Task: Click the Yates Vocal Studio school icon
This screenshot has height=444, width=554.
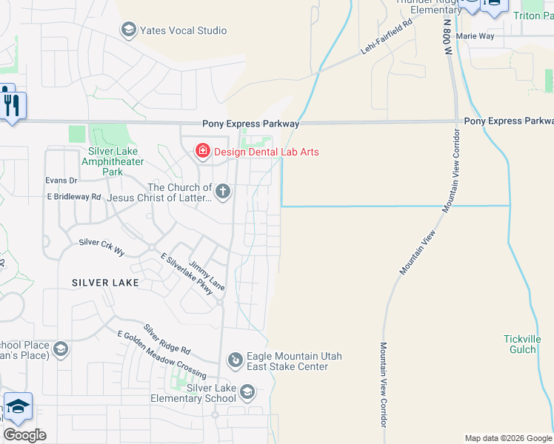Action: tap(128, 30)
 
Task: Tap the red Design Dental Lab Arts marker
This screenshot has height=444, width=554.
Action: tap(202, 152)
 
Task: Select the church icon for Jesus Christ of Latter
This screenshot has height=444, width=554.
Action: tap(222, 192)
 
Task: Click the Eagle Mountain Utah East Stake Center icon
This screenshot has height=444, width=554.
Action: tap(235, 360)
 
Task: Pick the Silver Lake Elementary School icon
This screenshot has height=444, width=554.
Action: tap(247, 392)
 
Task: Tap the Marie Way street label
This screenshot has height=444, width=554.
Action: tap(475, 36)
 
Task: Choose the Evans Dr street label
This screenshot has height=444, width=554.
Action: tap(61, 180)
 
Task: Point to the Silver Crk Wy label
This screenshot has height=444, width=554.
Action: tap(102, 247)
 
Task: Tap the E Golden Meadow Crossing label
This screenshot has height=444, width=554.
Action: tap(161, 350)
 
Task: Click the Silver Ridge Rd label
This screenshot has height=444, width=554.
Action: tap(167, 339)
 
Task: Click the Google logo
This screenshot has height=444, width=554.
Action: tap(25, 435)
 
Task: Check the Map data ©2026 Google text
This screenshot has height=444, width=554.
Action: tap(507, 438)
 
